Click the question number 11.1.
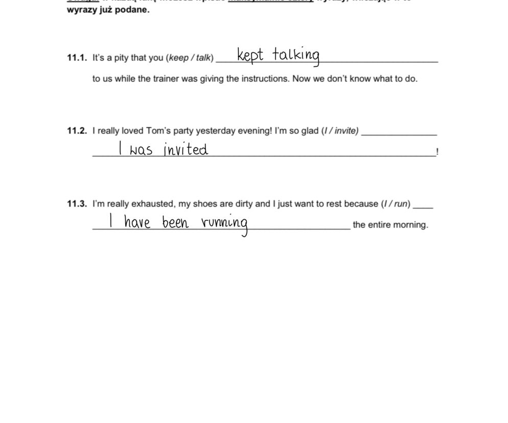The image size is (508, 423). point(77,58)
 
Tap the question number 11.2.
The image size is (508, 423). point(77,131)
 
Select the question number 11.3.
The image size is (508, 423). point(77,204)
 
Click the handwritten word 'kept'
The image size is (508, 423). point(250,55)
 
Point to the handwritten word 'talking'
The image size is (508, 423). point(296,55)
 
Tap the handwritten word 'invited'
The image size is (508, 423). point(186,149)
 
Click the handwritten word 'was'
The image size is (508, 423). point(141,150)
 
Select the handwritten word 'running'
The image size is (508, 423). point(225,223)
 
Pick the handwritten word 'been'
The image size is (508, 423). point(175,222)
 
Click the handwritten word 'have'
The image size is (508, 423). point(137,222)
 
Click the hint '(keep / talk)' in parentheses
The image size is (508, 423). point(190,58)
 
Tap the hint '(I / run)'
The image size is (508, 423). point(396,204)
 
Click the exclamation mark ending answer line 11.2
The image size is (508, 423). point(437,152)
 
